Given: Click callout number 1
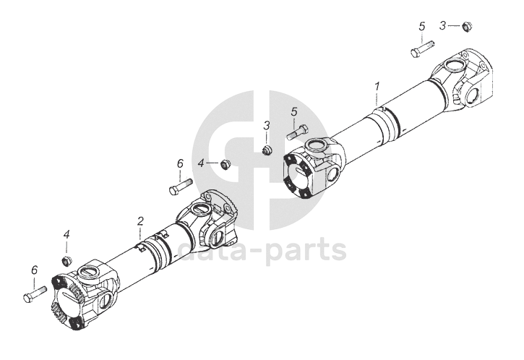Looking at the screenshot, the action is coord(377,87).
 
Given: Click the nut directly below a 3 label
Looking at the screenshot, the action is coord(267,149).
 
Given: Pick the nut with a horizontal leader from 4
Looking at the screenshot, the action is coord(225,164).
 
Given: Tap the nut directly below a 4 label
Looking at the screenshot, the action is coord(66,259).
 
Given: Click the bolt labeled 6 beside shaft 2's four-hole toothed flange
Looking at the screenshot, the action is coord(34,294).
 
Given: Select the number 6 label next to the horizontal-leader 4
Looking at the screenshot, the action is coord(180,163).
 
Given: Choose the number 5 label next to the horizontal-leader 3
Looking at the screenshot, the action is coord(421,27).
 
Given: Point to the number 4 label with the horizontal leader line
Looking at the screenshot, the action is coord(201,163).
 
